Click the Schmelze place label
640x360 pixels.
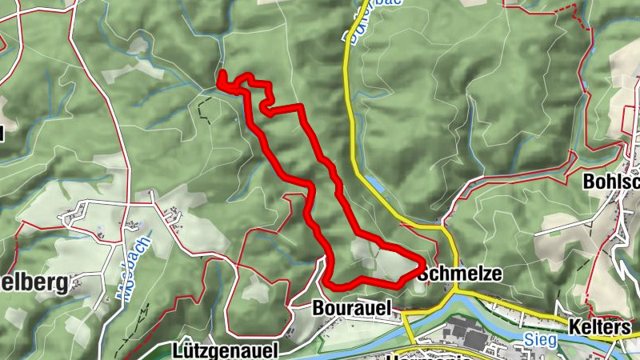pos(460,274)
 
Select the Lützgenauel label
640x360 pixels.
pos(225,350)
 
